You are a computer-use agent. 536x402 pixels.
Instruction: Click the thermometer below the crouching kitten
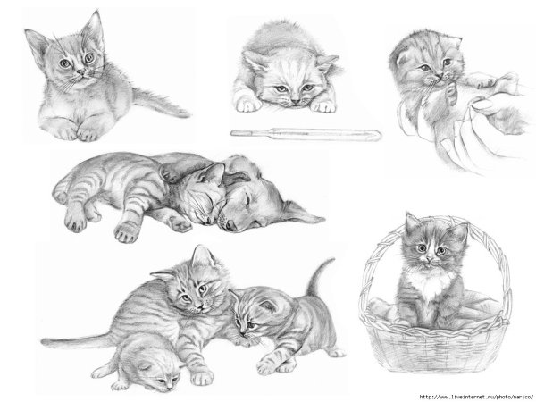pyautogui.click(x=304, y=134)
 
